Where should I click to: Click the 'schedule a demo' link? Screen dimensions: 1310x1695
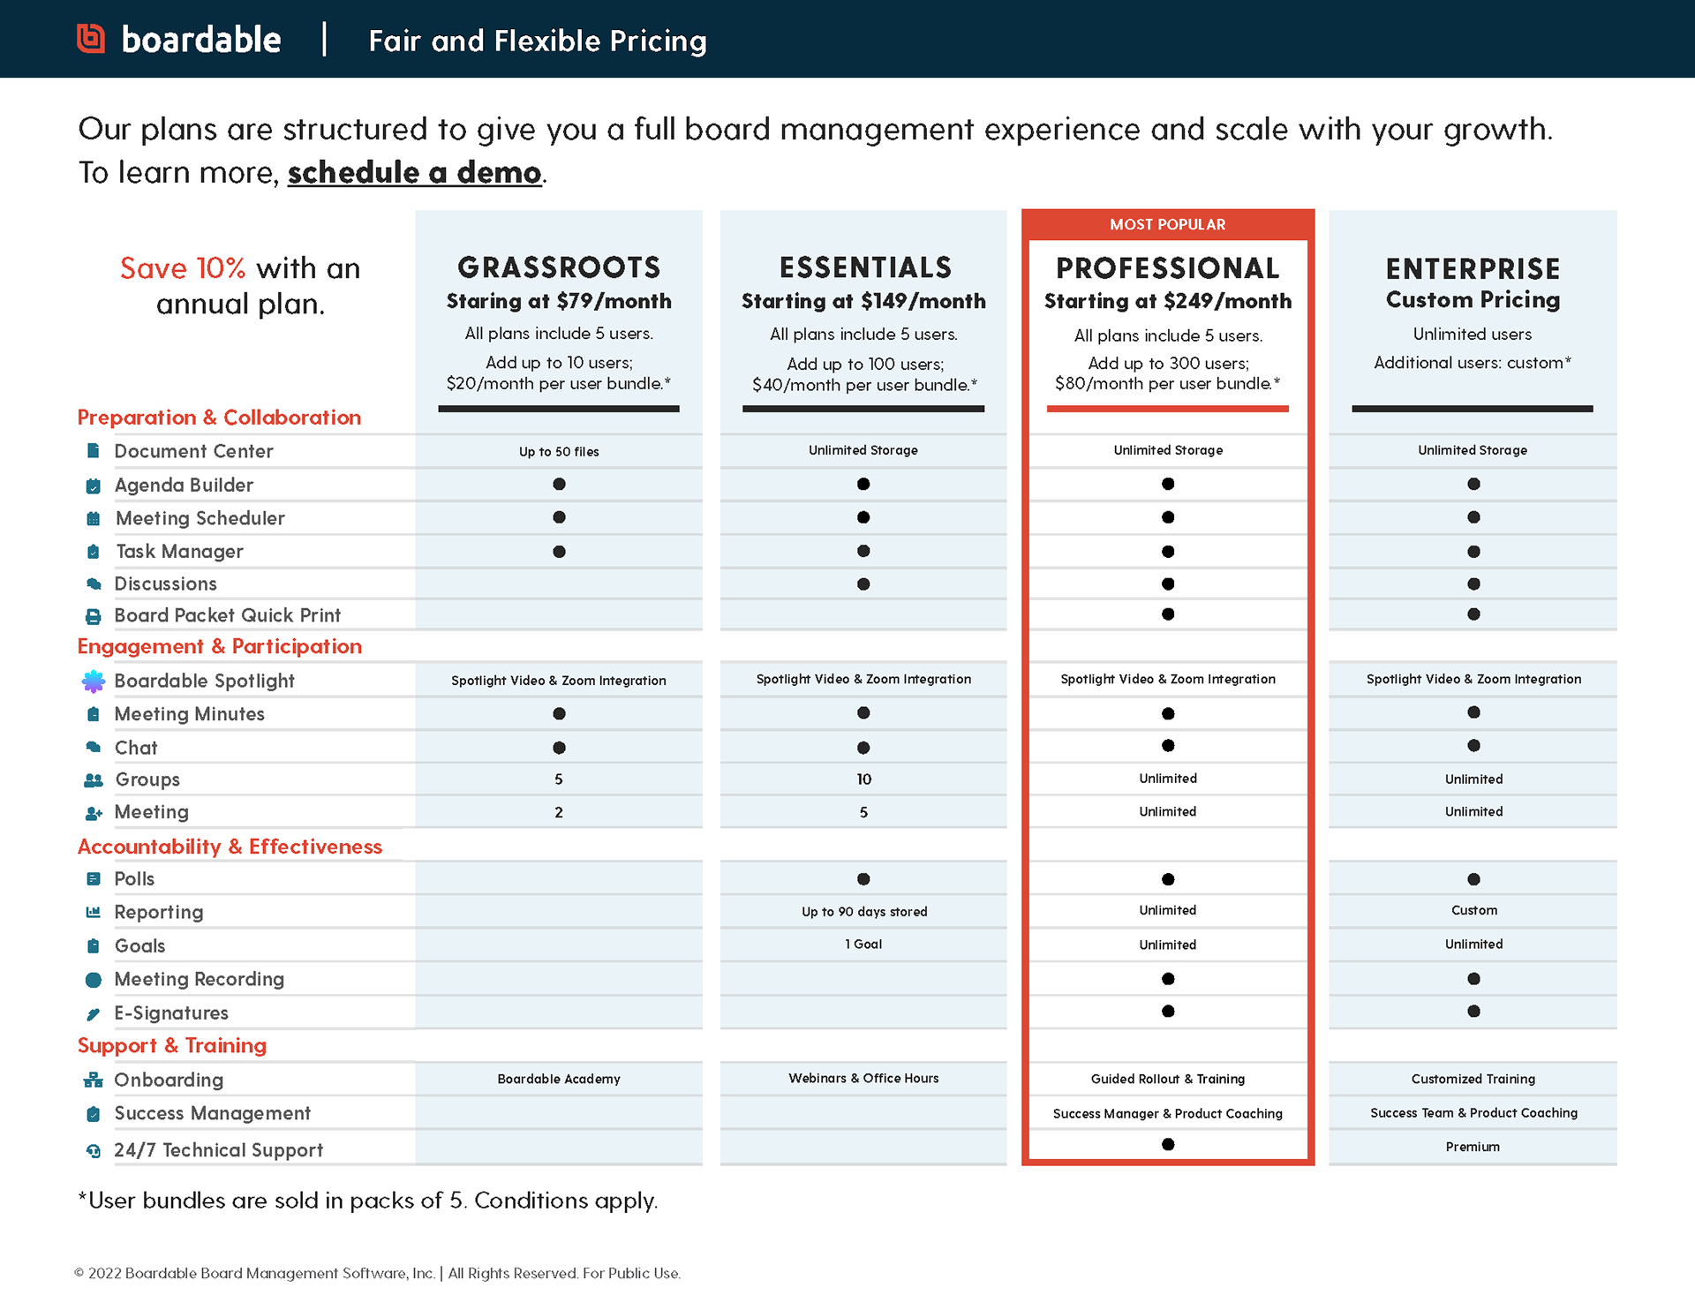pyautogui.click(x=414, y=172)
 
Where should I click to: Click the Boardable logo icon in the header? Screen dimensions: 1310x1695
pyautogui.click(x=91, y=39)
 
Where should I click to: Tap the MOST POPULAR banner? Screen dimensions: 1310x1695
pyautogui.click(x=1167, y=225)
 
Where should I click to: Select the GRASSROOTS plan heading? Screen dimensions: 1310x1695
pyautogui.click(x=559, y=267)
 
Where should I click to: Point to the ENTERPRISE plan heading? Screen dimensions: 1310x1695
pyautogui.click(x=1473, y=268)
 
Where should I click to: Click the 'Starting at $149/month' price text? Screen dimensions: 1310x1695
pyautogui.click(x=863, y=301)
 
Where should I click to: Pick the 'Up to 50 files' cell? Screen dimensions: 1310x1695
pyautogui.click(x=559, y=452)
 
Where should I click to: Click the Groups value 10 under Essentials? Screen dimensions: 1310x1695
pyautogui.click(x=863, y=779)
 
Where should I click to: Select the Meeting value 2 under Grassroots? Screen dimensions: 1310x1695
pyautogui.click(x=559, y=812)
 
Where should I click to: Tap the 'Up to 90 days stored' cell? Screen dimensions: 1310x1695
pyautogui.click(x=864, y=912)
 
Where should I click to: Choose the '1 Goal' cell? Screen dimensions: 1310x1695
pyautogui.click(x=863, y=945)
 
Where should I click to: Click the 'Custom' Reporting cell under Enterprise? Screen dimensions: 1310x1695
pyautogui.click(x=1473, y=910)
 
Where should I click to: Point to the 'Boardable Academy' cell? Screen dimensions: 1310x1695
pyautogui.click(x=559, y=1079)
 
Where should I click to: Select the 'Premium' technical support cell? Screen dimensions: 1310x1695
pyautogui.click(x=1473, y=1147)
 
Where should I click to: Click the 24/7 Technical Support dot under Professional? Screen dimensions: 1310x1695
pyautogui.click(x=1168, y=1144)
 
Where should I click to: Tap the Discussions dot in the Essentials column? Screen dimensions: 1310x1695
pyautogui.click(x=863, y=584)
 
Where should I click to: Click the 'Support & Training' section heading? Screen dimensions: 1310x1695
pyautogui.click(x=172, y=1046)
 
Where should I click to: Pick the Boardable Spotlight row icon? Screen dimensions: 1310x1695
pyautogui.click(x=93, y=681)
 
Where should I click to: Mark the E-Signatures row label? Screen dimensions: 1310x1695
pyautogui.click(x=171, y=1013)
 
